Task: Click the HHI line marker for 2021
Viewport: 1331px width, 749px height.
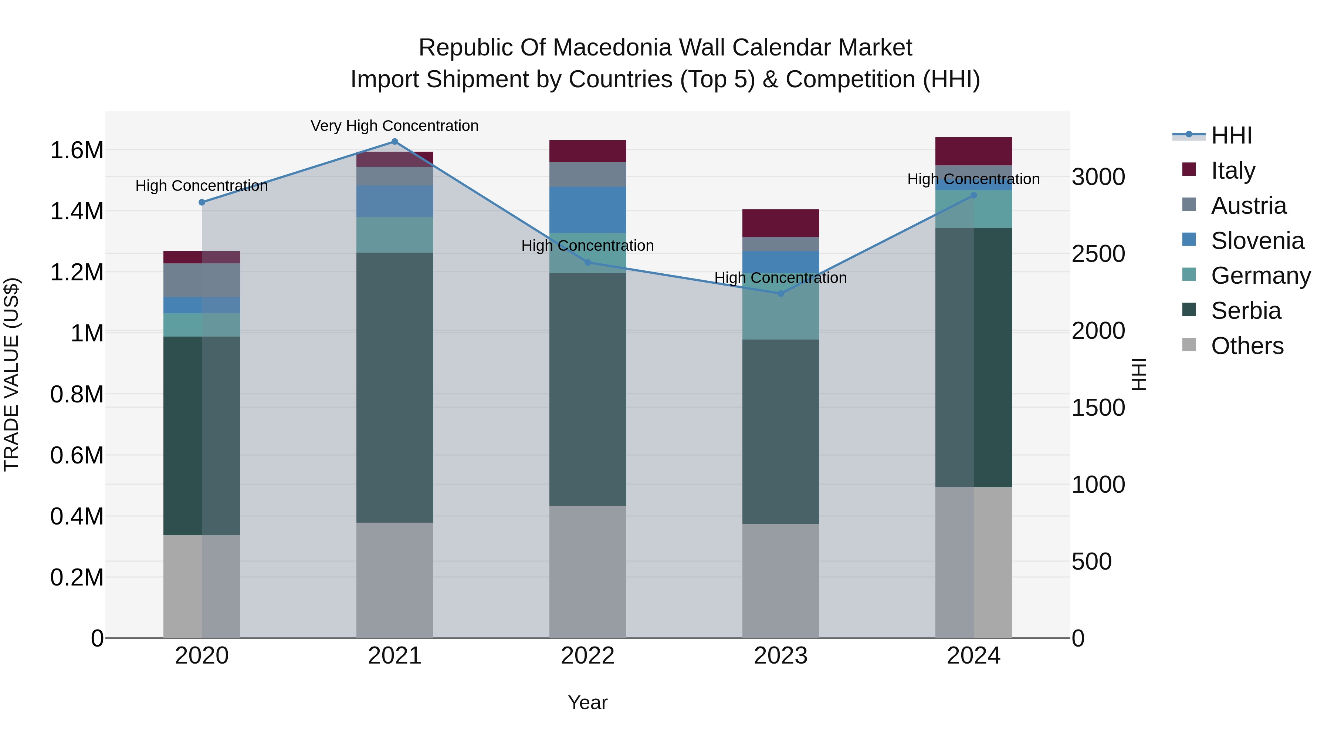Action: [395, 142]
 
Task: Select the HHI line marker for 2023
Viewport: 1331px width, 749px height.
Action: [781, 294]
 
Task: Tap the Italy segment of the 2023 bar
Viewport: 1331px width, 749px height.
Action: [781, 223]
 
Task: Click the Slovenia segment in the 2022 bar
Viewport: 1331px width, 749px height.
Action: [587, 210]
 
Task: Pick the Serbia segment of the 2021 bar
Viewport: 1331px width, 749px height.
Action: [395, 388]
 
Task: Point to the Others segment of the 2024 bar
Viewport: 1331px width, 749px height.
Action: [973, 562]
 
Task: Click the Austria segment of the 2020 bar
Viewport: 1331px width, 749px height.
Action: [201, 280]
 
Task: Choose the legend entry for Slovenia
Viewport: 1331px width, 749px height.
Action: [1257, 241]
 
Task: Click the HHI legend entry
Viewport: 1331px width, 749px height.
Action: [1231, 135]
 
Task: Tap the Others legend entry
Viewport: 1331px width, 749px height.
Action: [1246, 346]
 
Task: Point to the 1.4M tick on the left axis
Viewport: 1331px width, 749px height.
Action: [77, 212]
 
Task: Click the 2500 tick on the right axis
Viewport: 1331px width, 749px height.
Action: [1098, 254]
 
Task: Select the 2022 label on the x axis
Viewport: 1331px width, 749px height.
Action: [587, 656]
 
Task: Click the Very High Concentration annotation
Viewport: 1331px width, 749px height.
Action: [395, 126]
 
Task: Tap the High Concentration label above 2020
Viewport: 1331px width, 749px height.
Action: [201, 186]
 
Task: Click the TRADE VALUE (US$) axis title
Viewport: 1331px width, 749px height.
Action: [11, 374]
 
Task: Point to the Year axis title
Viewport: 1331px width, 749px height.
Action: [587, 702]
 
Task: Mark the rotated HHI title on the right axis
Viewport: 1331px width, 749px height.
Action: [1139, 374]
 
